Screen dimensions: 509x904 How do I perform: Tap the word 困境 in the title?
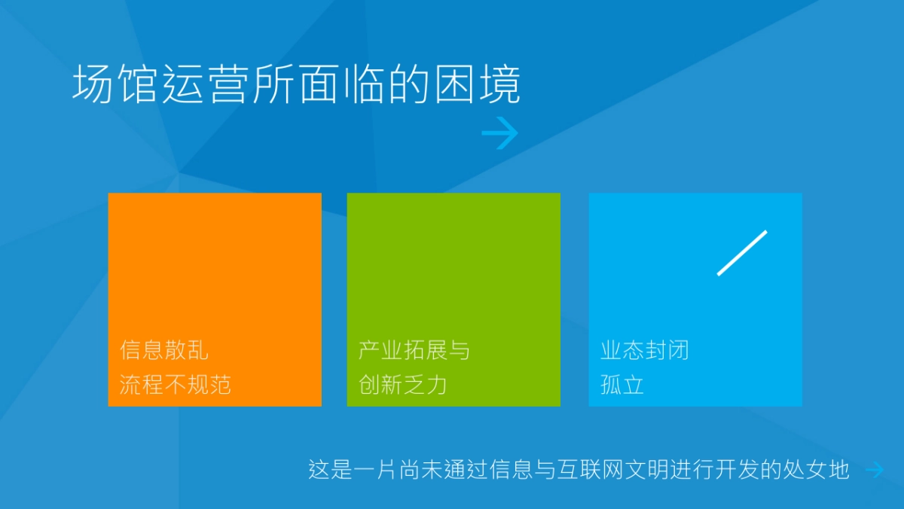point(478,84)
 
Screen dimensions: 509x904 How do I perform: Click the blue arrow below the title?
point(499,134)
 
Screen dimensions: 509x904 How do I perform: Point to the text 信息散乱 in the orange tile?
point(164,350)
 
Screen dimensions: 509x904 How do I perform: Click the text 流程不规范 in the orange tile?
point(176,385)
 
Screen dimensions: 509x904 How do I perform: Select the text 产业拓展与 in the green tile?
point(414,350)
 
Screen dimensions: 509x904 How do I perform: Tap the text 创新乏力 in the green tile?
point(403,385)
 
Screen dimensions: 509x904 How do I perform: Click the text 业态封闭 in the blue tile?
point(645,350)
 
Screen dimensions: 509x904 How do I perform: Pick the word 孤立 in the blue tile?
point(622,385)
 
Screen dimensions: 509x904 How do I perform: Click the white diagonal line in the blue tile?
point(742,253)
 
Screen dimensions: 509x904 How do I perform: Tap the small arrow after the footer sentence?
point(874,470)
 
